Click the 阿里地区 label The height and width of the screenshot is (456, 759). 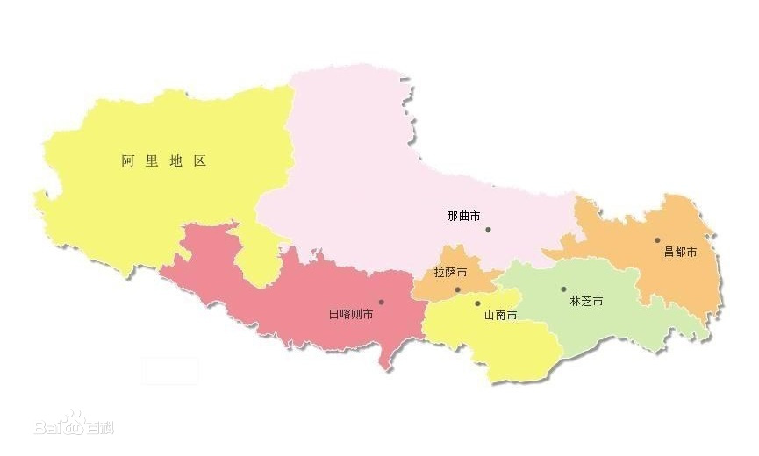tap(163, 161)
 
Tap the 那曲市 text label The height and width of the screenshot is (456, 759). tap(463, 216)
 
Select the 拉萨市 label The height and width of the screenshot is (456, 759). tap(450, 273)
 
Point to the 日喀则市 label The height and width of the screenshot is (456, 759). tap(351, 314)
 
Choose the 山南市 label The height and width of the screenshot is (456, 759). tap(499, 315)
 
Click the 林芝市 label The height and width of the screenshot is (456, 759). tap(586, 301)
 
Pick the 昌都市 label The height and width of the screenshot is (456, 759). tap(680, 252)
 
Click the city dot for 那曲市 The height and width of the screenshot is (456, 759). tap(488, 230)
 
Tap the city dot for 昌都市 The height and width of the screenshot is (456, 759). tap(656, 239)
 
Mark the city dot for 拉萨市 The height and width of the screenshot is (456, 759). tap(457, 289)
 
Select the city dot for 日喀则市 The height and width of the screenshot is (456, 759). tap(381, 302)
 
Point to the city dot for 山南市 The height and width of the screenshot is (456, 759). tap(477, 304)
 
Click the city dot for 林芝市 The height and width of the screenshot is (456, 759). tap(563, 289)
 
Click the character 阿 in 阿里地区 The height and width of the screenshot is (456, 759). tap(128, 161)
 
